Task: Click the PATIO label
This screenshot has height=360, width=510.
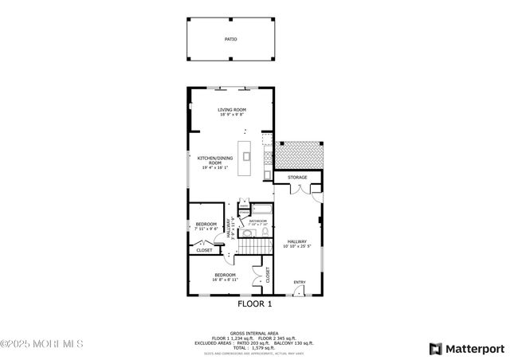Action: (x=229, y=38)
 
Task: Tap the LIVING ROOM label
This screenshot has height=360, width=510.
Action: (x=232, y=109)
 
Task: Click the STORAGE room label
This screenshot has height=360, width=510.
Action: (x=297, y=177)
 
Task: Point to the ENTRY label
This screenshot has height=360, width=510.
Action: (x=300, y=282)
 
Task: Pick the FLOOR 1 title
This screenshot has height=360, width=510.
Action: (x=255, y=303)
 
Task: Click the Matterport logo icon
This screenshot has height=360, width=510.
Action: (x=434, y=348)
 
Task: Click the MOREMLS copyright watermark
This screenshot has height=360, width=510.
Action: (x=41, y=344)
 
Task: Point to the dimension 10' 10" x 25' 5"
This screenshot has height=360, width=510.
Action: (x=297, y=246)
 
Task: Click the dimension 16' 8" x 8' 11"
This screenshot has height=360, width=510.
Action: (x=225, y=280)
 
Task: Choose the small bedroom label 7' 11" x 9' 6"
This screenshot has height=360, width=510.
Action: (x=206, y=229)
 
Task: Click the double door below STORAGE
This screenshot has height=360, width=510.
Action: (x=298, y=190)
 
